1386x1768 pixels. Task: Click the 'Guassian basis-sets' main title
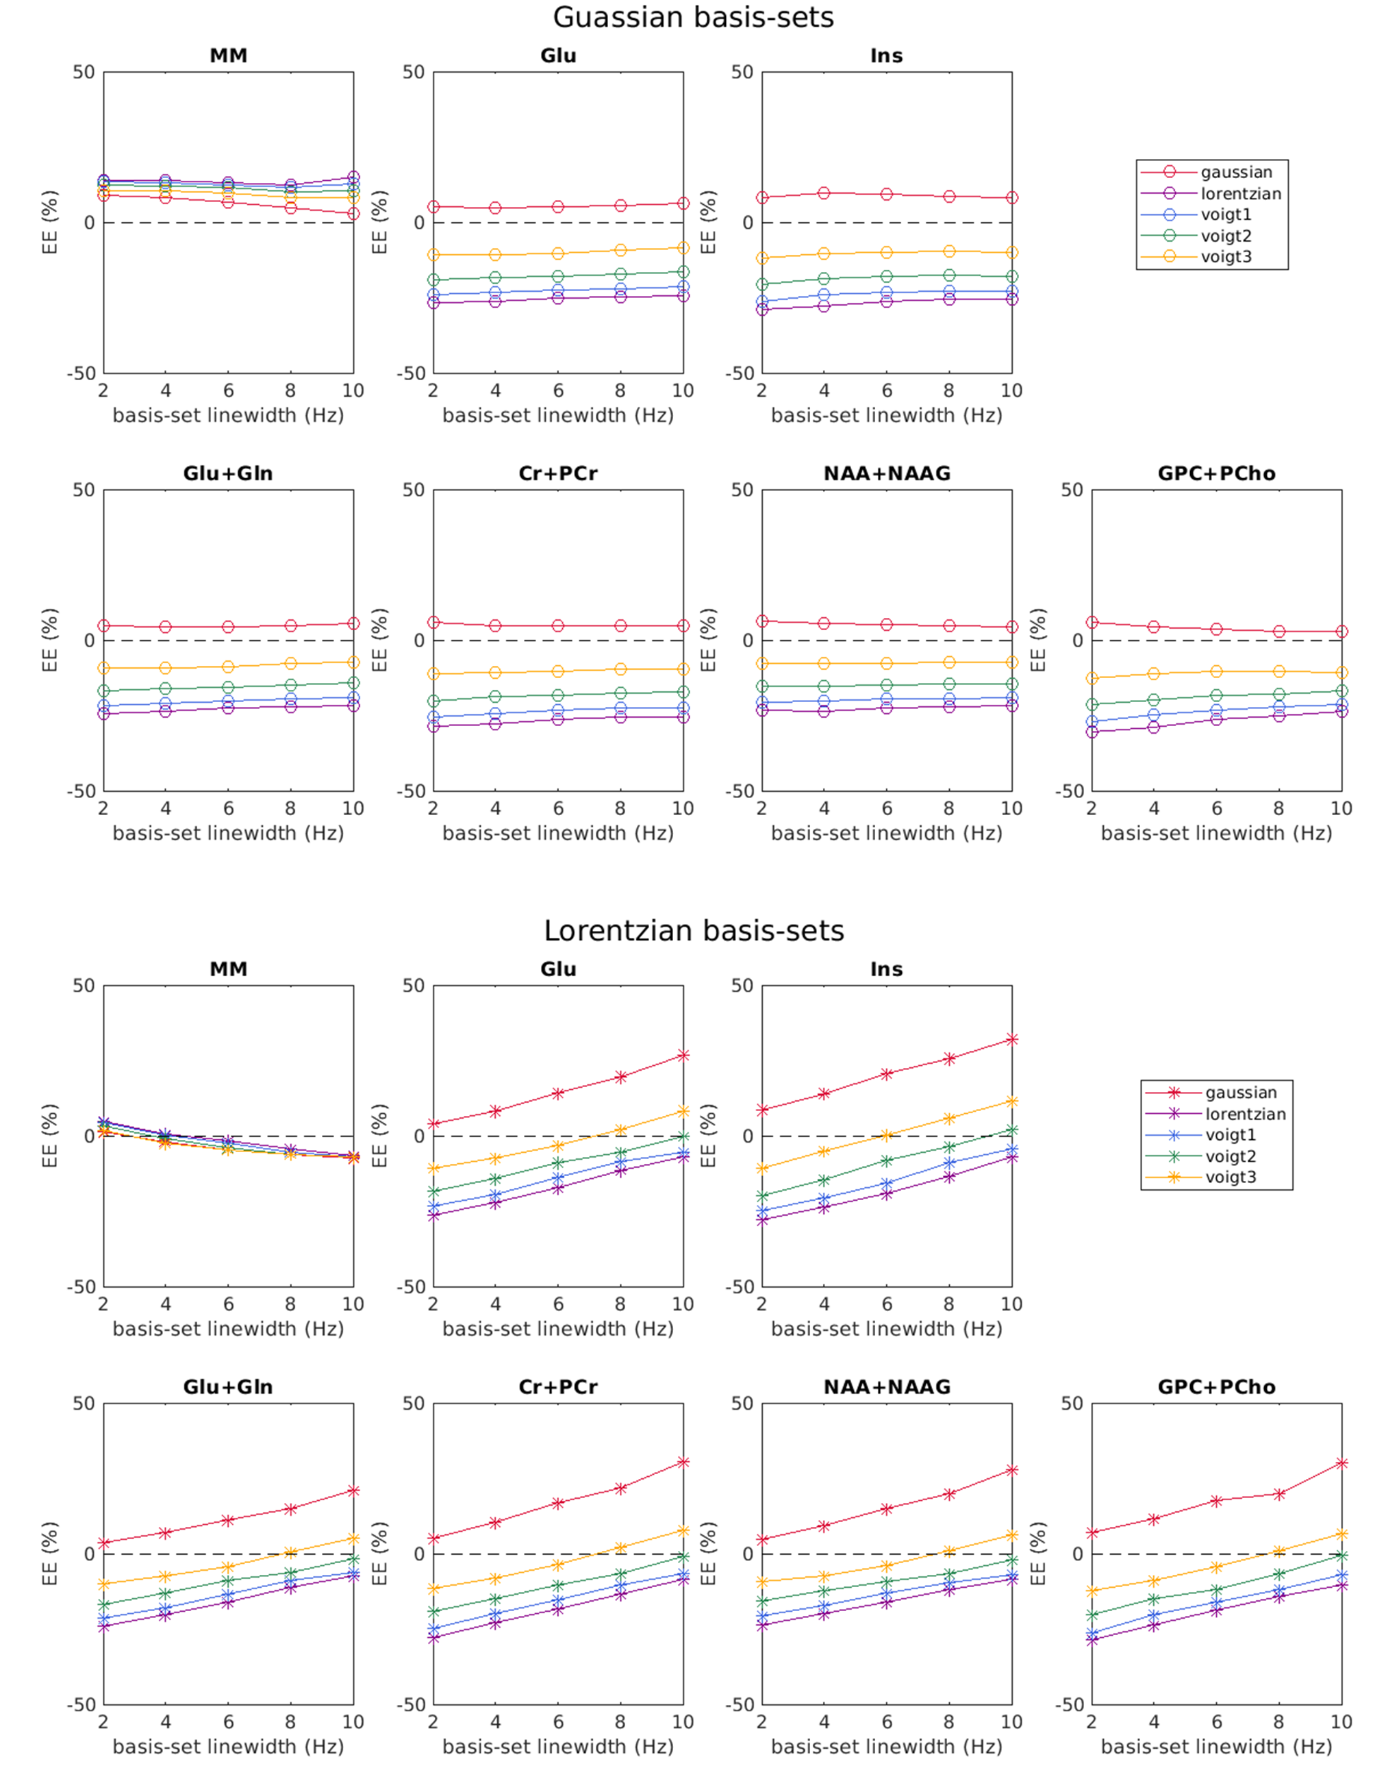click(693, 18)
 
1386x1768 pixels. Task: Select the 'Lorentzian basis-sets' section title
click(693, 931)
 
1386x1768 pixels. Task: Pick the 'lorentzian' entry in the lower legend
click(1245, 1114)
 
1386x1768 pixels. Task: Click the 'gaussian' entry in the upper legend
click(1236, 172)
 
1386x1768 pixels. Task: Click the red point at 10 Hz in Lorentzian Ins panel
click(1012, 1039)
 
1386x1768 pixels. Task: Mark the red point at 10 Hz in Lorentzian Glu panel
click(683, 1056)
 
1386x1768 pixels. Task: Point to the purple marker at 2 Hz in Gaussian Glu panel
click(433, 302)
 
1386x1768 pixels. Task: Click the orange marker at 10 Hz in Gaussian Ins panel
click(1012, 253)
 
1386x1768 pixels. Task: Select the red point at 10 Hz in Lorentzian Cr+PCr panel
click(683, 1462)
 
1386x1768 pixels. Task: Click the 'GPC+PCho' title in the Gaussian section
click(1215, 473)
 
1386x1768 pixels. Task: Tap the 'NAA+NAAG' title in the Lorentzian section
click(886, 1386)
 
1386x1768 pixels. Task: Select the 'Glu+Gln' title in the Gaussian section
click(228, 473)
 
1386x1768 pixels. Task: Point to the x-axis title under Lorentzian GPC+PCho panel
click(1215, 1746)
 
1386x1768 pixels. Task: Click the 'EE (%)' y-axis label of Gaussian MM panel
click(50, 223)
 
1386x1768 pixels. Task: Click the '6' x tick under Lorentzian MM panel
click(228, 1304)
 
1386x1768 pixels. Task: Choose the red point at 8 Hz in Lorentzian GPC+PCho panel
click(1279, 1493)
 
